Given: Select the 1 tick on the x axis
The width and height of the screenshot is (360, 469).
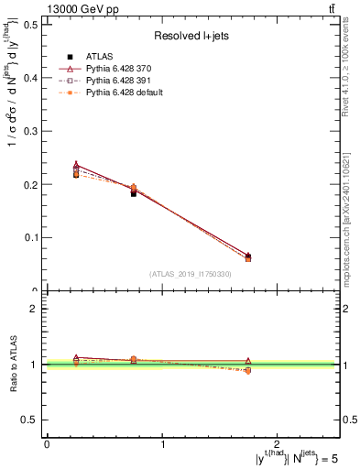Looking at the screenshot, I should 162,444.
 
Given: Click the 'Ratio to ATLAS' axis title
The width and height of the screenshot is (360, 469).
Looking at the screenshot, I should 12,364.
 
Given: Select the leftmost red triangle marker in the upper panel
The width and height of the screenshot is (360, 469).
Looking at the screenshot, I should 76,166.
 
